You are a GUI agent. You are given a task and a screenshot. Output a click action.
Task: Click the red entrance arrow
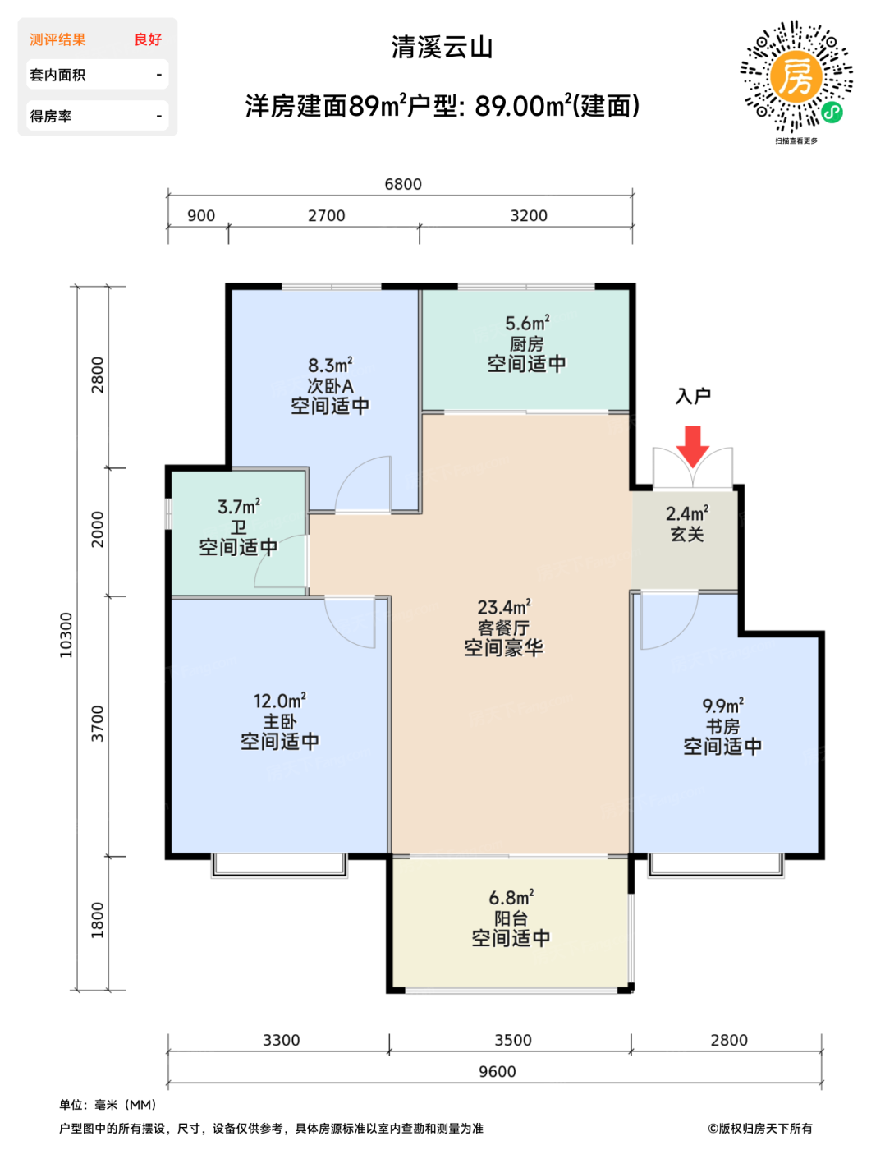click(693, 445)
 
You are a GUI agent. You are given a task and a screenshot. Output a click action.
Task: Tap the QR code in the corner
click(796, 76)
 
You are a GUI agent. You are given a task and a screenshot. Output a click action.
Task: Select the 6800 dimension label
click(403, 184)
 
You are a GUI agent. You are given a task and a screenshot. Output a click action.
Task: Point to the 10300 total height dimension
click(66, 635)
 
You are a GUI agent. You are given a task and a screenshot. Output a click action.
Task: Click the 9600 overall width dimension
click(497, 1072)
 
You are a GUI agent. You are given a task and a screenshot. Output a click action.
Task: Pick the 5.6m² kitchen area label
click(526, 323)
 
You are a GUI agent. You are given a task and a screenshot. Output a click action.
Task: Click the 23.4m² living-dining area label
click(504, 607)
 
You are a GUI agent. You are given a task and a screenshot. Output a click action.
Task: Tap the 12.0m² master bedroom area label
click(280, 701)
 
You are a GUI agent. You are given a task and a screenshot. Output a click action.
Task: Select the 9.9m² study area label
click(722, 706)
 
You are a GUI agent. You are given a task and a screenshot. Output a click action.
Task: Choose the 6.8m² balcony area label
click(511, 898)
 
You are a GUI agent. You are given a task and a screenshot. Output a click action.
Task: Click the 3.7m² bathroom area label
click(238, 507)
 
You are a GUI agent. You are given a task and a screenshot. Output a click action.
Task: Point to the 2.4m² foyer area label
click(687, 514)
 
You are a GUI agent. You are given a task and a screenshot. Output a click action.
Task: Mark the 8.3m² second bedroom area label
click(330, 366)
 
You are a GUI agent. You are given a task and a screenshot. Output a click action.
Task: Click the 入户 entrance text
click(693, 397)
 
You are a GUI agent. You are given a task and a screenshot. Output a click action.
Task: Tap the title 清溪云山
click(442, 48)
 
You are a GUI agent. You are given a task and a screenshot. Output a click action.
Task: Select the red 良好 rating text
click(148, 39)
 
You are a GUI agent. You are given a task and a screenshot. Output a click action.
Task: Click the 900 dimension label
click(201, 216)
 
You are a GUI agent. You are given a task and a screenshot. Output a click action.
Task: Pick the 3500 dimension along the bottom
click(513, 1041)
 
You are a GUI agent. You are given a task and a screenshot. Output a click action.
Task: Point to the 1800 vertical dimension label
click(97, 920)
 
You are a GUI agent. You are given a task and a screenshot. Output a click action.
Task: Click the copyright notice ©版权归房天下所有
click(759, 1129)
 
